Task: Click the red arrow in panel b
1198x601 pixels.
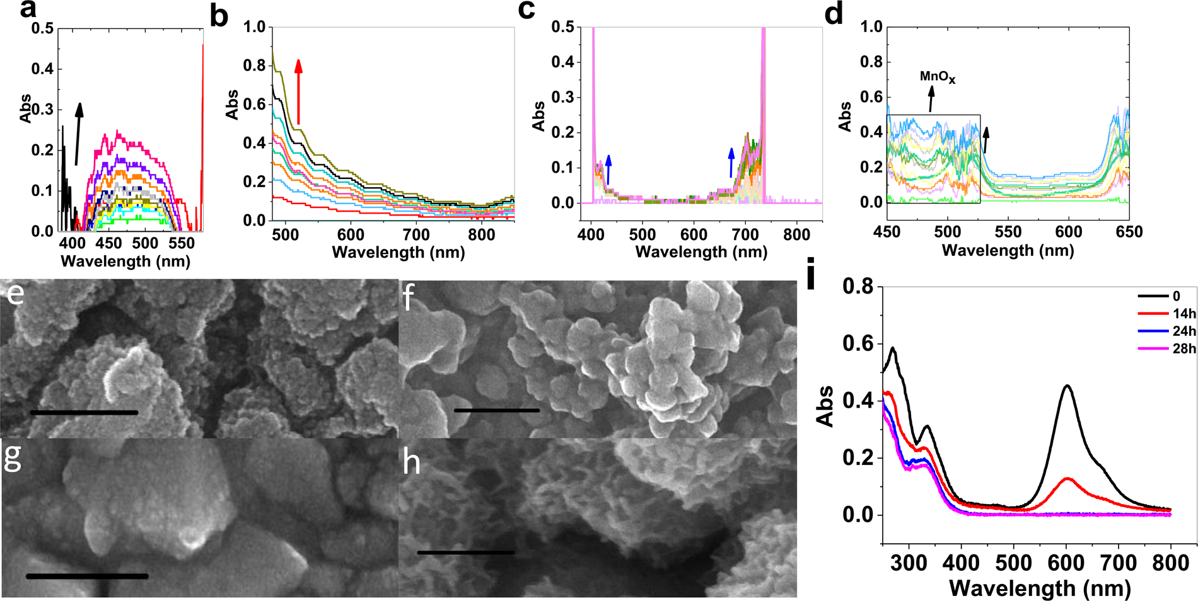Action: [x=298, y=92]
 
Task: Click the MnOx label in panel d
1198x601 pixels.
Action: [x=938, y=77]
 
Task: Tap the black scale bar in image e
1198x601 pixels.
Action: [x=83, y=413]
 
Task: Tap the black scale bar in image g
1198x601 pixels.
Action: [x=87, y=576]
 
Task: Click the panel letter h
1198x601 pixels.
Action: [x=411, y=463]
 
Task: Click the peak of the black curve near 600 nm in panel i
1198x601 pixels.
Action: [x=1067, y=386]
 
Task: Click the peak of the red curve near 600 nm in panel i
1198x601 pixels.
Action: [x=1067, y=479]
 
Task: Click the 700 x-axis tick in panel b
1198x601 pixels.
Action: [x=416, y=236]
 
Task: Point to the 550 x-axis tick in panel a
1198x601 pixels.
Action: [x=182, y=244]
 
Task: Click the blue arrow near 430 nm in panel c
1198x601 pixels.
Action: [x=608, y=169]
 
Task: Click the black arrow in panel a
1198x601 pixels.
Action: [x=78, y=134]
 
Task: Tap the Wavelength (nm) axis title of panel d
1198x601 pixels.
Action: [x=1008, y=251]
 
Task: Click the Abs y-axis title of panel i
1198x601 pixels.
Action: [x=826, y=407]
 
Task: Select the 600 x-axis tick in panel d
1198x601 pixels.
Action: [x=1069, y=232]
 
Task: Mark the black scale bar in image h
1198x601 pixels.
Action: [x=465, y=552]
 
